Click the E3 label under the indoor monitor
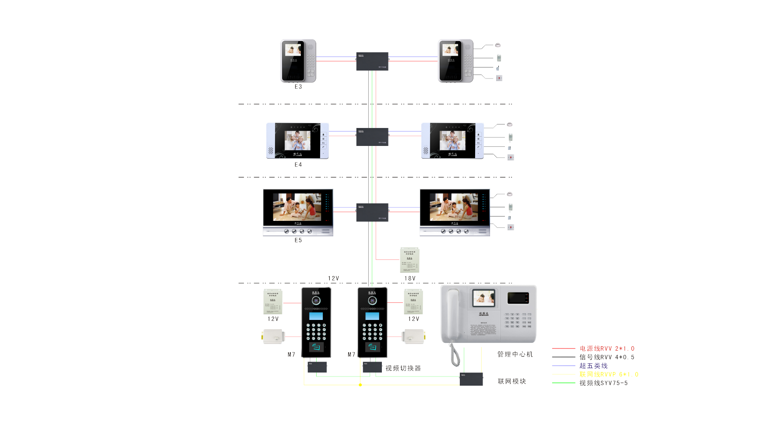[x=298, y=87]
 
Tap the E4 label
[x=298, y=165]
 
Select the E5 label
[x=298, y=240]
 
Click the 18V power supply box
[x=409, y=259]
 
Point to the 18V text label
[x=410, y=278]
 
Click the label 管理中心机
[x=515, y=354]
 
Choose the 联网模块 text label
[x=512, y=381]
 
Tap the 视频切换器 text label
[x=403, y=368]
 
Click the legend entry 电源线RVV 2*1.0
[x=607, y=348]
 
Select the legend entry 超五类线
[x=593, y=366]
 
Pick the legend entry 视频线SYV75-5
[x=603, y=383]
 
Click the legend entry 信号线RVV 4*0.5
[x=607, y=357]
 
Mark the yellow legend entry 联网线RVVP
[x=609, y=374]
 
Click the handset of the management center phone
[x=453, y=316]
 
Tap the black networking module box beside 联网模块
[x=471, y=379]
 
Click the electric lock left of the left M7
[x=274, y=337]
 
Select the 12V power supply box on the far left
[x=273, y=302]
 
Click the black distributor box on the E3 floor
[x=372, y=61]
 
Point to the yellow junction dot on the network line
[x=360, y=385]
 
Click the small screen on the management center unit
[x=483, y=298]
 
